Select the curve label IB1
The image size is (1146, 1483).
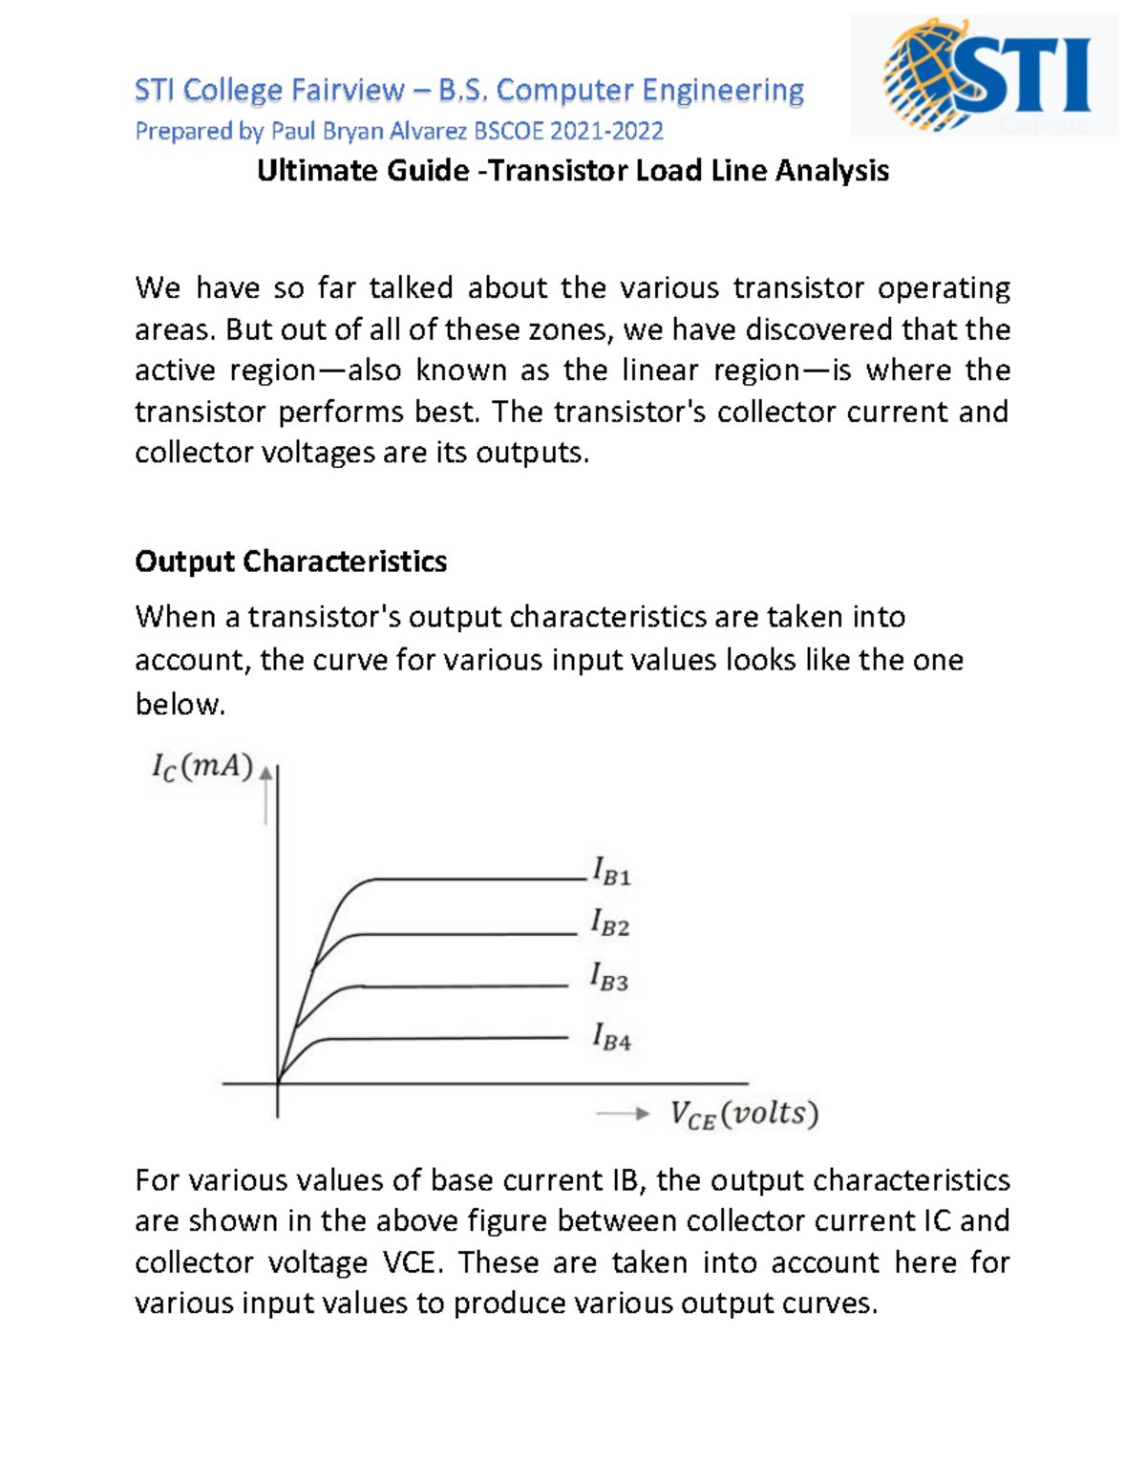tap(611, 872)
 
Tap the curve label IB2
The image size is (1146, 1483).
tap(610, 923)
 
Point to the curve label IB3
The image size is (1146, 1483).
tap(609, 978)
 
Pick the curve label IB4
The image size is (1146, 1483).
tap(611, 1037)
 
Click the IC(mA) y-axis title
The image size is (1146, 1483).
tap(202, 768)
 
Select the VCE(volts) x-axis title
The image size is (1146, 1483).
tap(744, 1114)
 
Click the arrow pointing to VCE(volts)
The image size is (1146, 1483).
tap(623, 1113)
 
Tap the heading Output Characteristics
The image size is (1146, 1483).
tap(290, 561)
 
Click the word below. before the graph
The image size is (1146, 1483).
tap(180, 705)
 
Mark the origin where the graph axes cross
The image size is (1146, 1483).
tap(278, 1083)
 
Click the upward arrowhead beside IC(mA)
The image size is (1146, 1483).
tap(266, 775)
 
